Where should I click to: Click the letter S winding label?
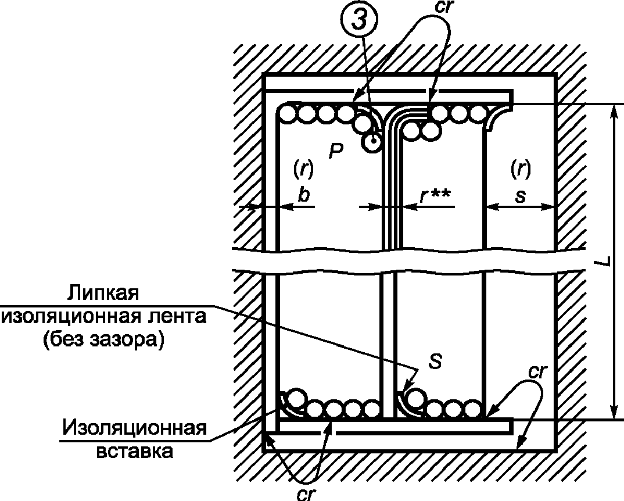coord(436,362)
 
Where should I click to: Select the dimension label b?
coord(303,195)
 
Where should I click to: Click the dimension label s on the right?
coord(520,196)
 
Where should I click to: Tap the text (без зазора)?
coord(103,339)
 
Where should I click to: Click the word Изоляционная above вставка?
coord(135,428)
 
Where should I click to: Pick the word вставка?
coord(135,451)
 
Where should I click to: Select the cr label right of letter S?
coord(538,372)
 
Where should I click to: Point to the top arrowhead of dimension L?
coord(614,109)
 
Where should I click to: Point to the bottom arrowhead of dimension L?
coord(614,413)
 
